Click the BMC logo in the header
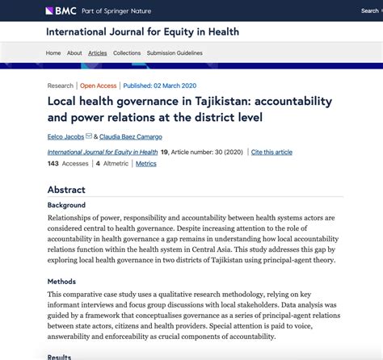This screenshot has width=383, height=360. coord(62,10)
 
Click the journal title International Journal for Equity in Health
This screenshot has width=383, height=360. coord(142,32)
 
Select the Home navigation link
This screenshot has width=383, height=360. coord(53,53)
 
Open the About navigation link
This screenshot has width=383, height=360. coord(74,53)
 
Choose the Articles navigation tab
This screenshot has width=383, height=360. coord(97,53)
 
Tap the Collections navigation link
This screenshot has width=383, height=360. coord(127,53)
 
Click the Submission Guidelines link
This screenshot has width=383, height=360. coord(175,53)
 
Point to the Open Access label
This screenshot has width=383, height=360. coord(99,86)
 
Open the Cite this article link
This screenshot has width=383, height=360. coord(271,152)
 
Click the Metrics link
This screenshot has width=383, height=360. coord(146,163)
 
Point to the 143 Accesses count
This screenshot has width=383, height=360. coord(67,163)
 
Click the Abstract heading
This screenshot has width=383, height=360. coord(66,190)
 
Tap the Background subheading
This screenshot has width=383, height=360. coord(66,205)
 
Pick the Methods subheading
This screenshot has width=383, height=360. coord(61,281)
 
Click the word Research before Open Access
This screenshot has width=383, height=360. coord(60,86)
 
